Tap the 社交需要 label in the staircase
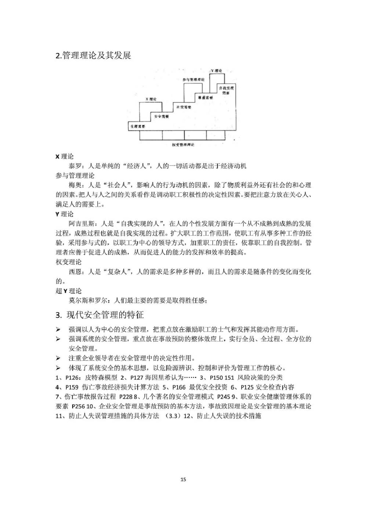pos(183,107)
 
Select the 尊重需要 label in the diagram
pos(205,98)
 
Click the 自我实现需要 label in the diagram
pos(226,91)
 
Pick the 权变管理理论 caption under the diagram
pos(183,145)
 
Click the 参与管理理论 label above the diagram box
pos(193,80)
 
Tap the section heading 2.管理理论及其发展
pos(93,55)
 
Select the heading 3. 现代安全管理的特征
pos(99,315)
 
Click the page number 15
pos(183,479)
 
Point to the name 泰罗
pos(75,166)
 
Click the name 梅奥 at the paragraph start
pos(75,185)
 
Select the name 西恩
pos(75,272)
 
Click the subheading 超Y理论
pos(69,291)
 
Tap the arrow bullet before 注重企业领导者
pos(58,358)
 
